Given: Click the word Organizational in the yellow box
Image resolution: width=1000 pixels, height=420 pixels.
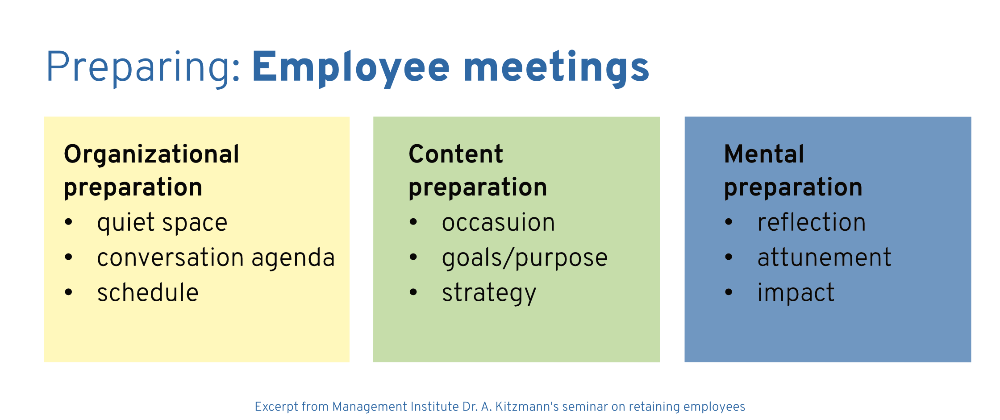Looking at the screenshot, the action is pyautogui.click(x=152, y=154).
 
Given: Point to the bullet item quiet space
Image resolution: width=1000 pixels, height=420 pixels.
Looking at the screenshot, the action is pyautogui.click(x=162, y=223).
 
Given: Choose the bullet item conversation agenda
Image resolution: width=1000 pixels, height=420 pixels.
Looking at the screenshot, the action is pyautogui.click(x=216, y=258).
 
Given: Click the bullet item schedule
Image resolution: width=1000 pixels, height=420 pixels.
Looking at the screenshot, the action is pyautogui.click(x=148, y=292).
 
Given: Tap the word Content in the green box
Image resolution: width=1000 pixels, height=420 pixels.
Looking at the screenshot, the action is pyautogui.click(x=456, y=154).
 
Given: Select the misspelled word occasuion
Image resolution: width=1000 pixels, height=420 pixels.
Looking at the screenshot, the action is pyautogui.click(x=498, y=223).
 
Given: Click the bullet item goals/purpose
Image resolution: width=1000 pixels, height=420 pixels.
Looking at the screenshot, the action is pyautogui.click(x=525, y=258).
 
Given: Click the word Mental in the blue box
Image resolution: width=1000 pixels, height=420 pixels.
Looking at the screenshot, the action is pyautogui.click(x=764, y=154).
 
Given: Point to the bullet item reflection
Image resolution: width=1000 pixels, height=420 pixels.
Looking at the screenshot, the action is pyautogui.click(x=812, y=222).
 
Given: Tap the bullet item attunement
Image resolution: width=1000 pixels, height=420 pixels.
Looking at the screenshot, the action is pyautogui.click(x=824, y=258).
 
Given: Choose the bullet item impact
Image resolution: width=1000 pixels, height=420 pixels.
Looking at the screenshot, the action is pyautogui.click(x=796, y=293).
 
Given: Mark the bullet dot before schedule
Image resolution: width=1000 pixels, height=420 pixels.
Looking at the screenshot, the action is pyautogui.click(x=68, y=292).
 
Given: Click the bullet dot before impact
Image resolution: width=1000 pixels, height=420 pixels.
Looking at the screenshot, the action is pyautogui.click(x=729, y=292).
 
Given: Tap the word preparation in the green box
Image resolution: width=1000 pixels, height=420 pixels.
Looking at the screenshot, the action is pyautogui.click(x=478, y=187).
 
